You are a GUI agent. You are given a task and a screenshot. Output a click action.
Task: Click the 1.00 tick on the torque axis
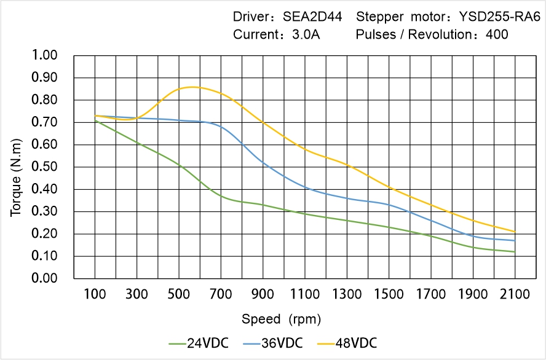tap(44, 55)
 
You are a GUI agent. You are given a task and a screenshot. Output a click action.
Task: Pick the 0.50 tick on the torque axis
tap(44, 167)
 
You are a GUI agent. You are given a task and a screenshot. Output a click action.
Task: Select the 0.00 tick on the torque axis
tap(44, 279)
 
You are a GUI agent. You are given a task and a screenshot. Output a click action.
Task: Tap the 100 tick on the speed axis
tap(95, 294)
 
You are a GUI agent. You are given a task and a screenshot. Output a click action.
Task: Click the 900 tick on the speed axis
tap(263, 294)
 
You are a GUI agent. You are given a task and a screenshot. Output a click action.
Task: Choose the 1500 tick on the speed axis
tap(389, 294)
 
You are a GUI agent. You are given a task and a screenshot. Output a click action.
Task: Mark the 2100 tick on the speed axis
tap(515, 294)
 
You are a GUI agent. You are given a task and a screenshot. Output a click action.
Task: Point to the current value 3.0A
tap(305, 34)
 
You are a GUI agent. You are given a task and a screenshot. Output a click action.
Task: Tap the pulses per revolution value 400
tap(497, 34)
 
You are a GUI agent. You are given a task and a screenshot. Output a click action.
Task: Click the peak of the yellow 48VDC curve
tap(192, 87)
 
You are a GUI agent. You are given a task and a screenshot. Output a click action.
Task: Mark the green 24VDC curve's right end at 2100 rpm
tap(515, 252)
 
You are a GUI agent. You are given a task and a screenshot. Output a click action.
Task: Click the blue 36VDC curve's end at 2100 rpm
tap(515, 240)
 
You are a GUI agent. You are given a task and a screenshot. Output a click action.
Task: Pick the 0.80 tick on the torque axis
tap(44, 100)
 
